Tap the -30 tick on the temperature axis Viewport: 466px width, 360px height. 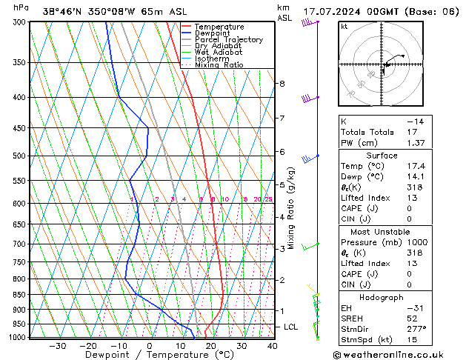[57, 345]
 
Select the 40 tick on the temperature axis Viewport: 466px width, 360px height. [273, 345]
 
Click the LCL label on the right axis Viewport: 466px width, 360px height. [291, 327]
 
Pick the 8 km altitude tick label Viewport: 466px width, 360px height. [282, 84]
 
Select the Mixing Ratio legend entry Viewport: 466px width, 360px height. [219, 65]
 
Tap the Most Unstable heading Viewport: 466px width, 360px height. [382, 230]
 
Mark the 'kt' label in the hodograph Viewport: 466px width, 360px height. [344, 27]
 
